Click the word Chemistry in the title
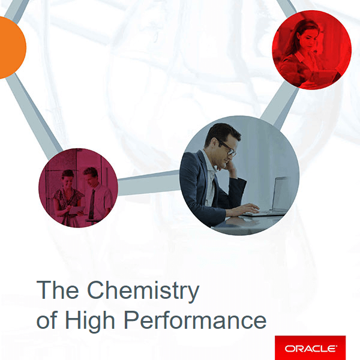click(x=143, y=291)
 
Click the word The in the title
click(x=58, y=291)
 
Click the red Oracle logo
click(x=310, y=347)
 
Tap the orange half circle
click(x=10, y=47)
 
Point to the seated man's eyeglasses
click(x=227, y=147)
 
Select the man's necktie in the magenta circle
click(x=91, y=204)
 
